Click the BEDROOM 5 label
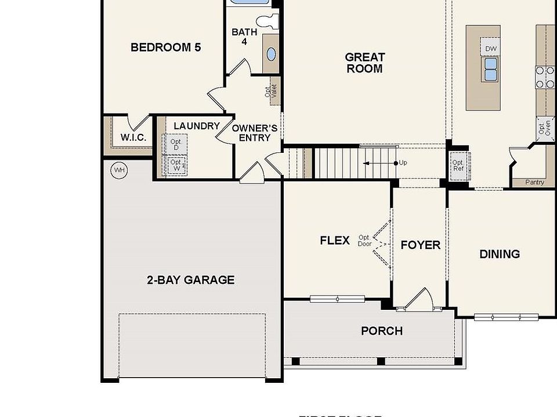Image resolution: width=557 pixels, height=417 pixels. pyautogui.click(x=165, y=47)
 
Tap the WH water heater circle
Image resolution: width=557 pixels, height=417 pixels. pyautogui.click(x=119, y=170)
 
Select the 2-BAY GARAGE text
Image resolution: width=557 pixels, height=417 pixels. pyautogui.click(x=190, y=280)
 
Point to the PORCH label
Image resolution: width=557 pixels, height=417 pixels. pyautogui.click(x=381, y=331)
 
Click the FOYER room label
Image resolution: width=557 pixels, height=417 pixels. pyautogui.click(x=420, y=246)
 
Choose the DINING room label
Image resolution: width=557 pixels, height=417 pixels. pyautogui.click(x=499, y=254)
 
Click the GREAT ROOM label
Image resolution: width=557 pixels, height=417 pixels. pyautogui.click(x=364, y=63)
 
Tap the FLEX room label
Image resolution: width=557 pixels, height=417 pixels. pyautogui.click(x=335, y=240)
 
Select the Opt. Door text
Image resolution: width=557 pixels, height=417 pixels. pyautogui.click(x=364, y=241)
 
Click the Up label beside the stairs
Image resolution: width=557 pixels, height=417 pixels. pyautogui.click(x=403, y=163)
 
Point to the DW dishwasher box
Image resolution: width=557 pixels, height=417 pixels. pyautogui.click(x=491, y=49)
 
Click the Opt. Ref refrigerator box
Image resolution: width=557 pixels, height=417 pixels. pyautogui.click(x=458, y=166)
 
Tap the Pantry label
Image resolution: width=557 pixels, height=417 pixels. pyautogui.click(x=534, y=182)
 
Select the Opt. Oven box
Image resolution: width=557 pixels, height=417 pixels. pyautogui.click(x=544, y=127)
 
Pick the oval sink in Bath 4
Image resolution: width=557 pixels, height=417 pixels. pyautogui.click(x=271, y=54)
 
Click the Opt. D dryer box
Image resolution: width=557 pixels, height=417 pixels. pyautogui.click(x=176, y=144)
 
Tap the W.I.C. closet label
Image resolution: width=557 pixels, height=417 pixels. pyautogui.click(x=133, y=138)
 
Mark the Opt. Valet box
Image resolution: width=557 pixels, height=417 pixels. pyautogui.click(x=274, y=92)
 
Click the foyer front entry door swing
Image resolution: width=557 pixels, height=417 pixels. pyautogui.click(x=419, y=299)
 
